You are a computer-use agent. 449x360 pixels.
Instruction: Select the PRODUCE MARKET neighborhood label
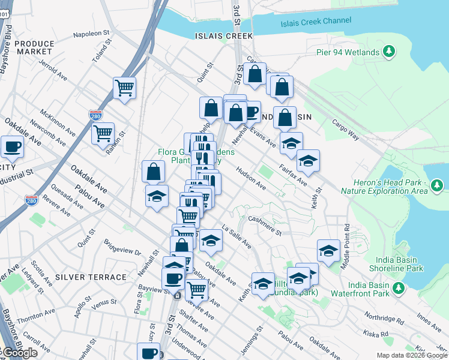(34, 48)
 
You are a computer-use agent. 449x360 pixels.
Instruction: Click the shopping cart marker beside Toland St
(124, 88)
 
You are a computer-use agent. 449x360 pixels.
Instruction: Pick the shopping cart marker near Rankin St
(103, 132)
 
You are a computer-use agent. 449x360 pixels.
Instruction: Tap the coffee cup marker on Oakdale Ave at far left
(11, 146)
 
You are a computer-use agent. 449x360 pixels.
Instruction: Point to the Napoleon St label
(89, 35)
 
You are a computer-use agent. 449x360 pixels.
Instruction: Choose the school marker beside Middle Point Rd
(328, 251)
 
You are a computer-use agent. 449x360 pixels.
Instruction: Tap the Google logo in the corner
(19, 353)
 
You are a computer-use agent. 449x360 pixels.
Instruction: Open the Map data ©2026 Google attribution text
(411, 355)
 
